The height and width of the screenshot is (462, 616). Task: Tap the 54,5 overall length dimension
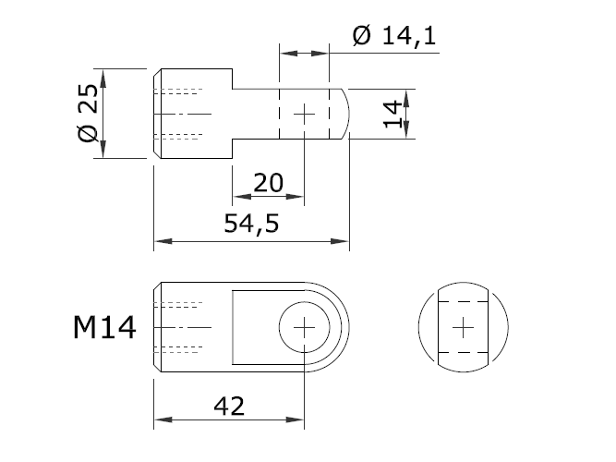click(252, 223)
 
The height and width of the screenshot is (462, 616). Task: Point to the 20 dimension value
click(268, 182)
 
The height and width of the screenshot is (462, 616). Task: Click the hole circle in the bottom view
click(306, 327)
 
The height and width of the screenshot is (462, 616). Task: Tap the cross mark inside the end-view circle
click(465, 327)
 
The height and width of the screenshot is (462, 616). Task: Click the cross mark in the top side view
click(305, 114)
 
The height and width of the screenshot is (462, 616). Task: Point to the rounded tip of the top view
click(342, 114)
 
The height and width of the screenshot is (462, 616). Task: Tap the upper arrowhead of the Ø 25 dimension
click(104, 77)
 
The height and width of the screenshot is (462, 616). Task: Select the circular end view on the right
click(465, 327)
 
